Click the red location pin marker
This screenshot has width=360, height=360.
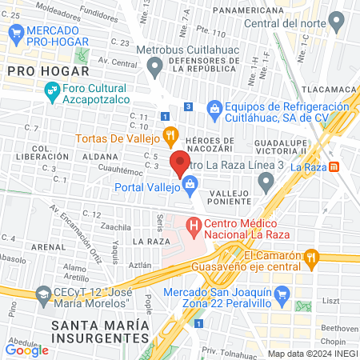(179, 162)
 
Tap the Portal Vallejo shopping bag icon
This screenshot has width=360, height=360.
(190, 188)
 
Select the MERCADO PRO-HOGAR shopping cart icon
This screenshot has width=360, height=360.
(15, 33)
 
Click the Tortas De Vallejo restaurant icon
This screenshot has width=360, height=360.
(169, 134)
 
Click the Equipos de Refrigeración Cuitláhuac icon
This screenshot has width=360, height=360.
(213, 107)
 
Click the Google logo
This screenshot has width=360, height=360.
(27, 349)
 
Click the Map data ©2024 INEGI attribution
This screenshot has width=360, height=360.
(312, 353)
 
